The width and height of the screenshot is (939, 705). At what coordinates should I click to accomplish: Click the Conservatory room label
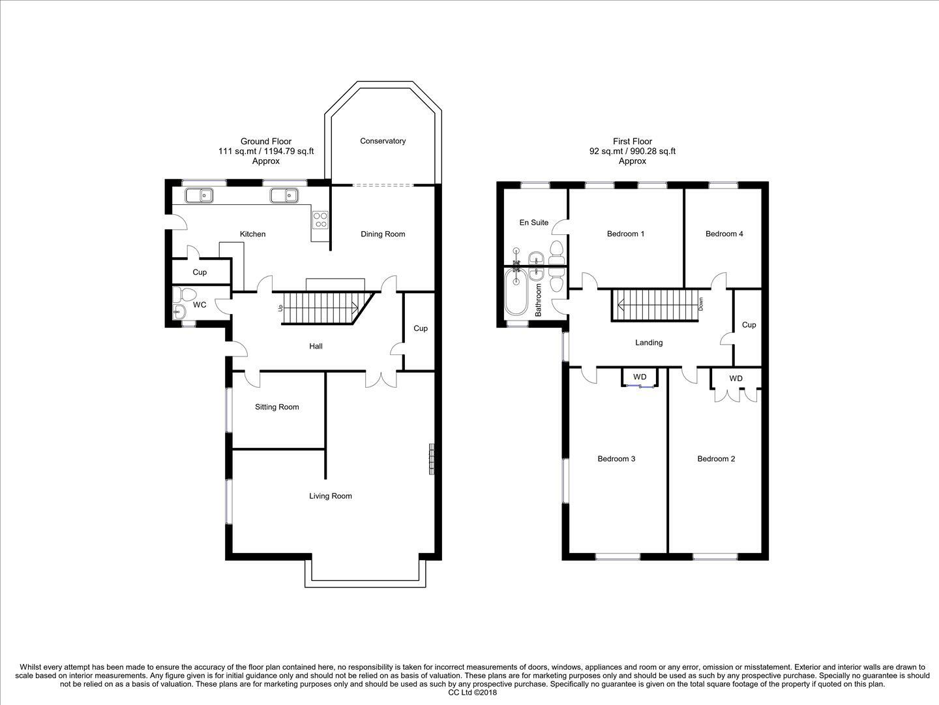[382, 141]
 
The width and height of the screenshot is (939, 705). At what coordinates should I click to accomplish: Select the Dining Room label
[383, 234]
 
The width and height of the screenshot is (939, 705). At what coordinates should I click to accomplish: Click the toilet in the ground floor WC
[185, 294]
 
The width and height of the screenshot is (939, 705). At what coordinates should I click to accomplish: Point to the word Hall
[316, 346]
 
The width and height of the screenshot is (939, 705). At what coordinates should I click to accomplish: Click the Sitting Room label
[276, 407]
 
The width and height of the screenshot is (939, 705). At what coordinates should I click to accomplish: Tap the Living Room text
[330, 496]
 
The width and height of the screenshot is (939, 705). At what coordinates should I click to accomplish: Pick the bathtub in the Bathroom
[516, 292]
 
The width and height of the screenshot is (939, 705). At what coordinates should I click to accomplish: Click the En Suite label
[534, 223]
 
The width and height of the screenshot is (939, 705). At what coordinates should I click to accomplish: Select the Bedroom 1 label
[625, 234]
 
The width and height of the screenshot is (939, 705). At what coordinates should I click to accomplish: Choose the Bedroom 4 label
[724, 234]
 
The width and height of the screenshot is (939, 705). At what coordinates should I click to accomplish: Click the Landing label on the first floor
[649, 343]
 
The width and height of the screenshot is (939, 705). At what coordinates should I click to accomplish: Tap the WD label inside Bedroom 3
[640, 377]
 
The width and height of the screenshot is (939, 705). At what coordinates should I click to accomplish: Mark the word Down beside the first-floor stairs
[700, 304]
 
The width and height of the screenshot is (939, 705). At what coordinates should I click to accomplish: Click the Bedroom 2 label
[716, 459]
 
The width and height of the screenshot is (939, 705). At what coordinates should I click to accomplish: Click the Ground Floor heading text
[266, 141]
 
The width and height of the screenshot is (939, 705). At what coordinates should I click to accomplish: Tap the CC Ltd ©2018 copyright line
[472, 693]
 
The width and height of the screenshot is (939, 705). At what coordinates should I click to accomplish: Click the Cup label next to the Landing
[749, 325]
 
